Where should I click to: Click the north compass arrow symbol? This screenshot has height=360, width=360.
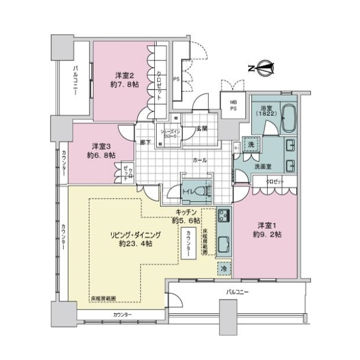coord(262,68)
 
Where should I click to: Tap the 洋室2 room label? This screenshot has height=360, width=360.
coord(127,80)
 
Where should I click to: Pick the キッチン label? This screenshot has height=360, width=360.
coord(187,216)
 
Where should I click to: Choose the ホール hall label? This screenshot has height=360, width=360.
coord(199,161)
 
